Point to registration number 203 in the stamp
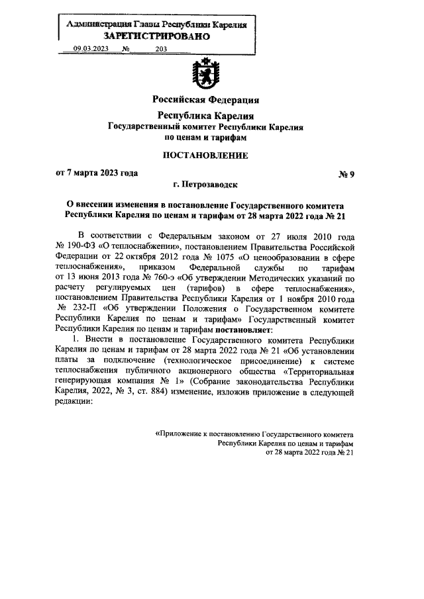click(160, 49)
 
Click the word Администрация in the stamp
click(94, 24)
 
